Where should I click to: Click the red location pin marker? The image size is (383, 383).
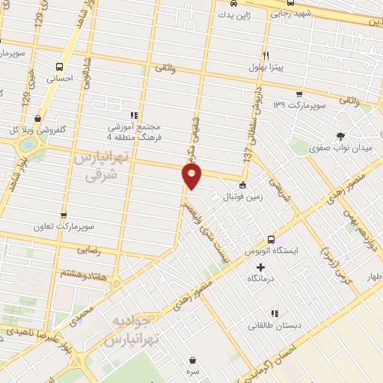point(192,176)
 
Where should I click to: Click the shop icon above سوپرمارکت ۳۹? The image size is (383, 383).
point(299,94)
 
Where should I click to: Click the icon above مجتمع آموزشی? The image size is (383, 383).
point(135,115)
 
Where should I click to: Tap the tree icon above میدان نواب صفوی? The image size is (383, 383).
point(341,136)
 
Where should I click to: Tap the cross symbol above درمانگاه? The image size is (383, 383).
point(261,267)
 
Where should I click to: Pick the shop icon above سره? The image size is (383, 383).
point(193,360)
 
